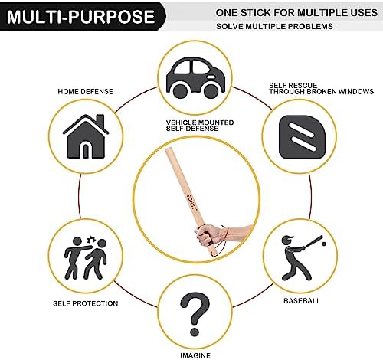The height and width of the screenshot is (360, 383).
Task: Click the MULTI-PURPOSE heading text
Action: click(x=80, y=17)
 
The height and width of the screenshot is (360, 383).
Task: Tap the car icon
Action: click(x=195, y=77)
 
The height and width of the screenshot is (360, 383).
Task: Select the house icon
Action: click(x=86, y=136)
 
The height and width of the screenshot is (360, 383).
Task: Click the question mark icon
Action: click(x=195, y=314)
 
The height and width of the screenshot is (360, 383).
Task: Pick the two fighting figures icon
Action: click(x=85, y=257)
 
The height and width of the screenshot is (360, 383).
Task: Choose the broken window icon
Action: click(x=303, y=136)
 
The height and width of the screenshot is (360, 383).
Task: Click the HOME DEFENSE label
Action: click(x=85, y=92)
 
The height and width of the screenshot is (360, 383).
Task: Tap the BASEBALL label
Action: click(x=302, y=301)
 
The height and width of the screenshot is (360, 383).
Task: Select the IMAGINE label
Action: click(x=195, y=355)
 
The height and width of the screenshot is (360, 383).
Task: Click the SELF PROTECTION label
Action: click(x=86, y=303)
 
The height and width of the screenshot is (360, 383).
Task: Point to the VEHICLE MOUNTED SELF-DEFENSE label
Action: click(x=200, y=126)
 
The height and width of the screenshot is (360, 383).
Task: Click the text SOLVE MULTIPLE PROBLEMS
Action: click(x=274, y=26)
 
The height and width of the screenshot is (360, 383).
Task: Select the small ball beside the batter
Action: click(x=324, y=244)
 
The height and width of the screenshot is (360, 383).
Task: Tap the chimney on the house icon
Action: click(x=100, y=121)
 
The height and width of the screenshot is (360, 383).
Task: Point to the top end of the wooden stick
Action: click(x=168, y=150)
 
